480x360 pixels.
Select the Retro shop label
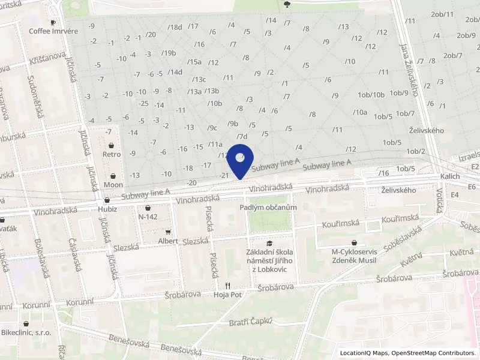point(112,154)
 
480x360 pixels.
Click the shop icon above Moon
point(113,175)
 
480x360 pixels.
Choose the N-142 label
point(148,216)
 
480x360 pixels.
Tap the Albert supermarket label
point(169,241)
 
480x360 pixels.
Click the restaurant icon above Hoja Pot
point(227,286)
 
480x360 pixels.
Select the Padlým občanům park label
point(268,207)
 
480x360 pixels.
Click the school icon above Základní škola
point(269,243)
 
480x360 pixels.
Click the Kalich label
point(449,176)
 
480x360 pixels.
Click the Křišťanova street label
point(47,59)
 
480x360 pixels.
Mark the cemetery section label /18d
point(175,27)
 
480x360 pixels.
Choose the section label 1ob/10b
point(371,94)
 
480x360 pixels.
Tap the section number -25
point(143,103)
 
